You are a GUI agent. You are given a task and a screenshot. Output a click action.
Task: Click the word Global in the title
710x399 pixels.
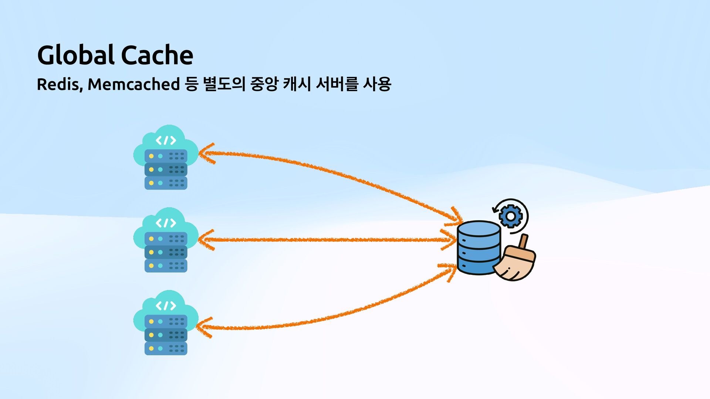tap(76, 55)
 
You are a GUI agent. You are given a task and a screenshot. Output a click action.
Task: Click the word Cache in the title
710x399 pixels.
tap(157, 55)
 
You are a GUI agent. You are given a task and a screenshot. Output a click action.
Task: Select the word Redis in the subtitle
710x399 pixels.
tap(59, 84)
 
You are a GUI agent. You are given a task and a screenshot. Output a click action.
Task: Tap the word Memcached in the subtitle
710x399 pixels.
tap(133, 84)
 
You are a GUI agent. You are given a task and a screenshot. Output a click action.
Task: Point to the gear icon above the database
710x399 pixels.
tap(510, 216)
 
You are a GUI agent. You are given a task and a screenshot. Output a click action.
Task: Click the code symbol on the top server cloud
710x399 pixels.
tap(166, 140)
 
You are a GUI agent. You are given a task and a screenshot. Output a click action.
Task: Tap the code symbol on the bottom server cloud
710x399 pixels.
tap(166, 306)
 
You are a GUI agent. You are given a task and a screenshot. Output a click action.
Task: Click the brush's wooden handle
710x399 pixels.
tap(524, 242)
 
